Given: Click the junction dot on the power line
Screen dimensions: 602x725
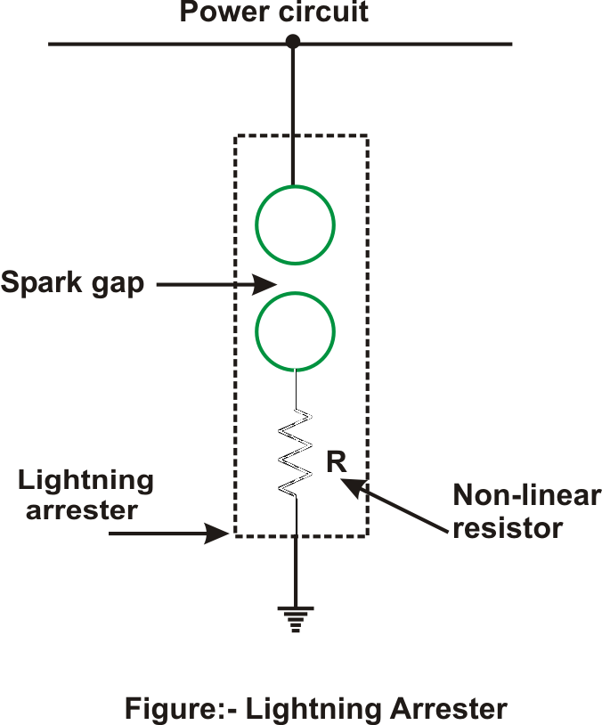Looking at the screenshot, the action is click(x=293, y=41).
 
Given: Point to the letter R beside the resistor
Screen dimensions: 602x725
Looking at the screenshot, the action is click(x=336, y=461).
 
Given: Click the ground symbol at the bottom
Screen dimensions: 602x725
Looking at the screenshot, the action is click(x=296, y=619).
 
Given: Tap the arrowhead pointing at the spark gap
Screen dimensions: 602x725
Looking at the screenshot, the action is click(x=264, y=284).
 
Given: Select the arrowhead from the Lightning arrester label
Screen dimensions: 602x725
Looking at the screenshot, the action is click(x=217, y=534).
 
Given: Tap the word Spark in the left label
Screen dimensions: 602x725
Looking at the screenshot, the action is click(x=41, y=282).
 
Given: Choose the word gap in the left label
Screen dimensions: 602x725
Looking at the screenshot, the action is click(x=118, y=285).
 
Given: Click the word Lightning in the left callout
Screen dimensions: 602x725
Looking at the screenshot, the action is click(x=86, y=482).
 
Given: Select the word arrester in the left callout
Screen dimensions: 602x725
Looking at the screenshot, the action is click(x=82, y=511).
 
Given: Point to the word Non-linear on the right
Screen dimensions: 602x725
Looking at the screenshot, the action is click(x=527, y=495).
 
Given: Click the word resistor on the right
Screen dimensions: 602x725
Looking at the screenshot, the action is click(x=508, y=527).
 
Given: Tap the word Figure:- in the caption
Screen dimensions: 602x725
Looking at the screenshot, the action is click(x=181, y=708).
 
